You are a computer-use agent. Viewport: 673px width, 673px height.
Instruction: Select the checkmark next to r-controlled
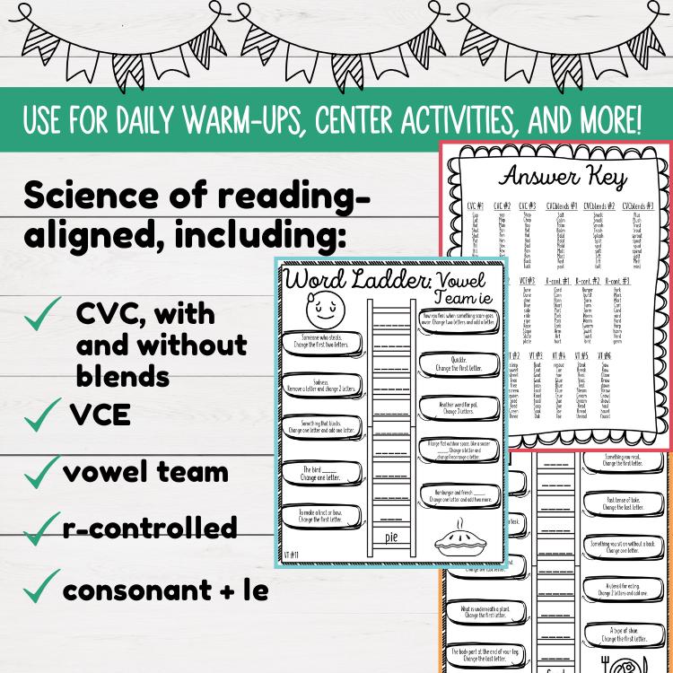tap(38, 532)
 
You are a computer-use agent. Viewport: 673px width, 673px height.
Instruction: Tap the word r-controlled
tap(150, 527)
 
